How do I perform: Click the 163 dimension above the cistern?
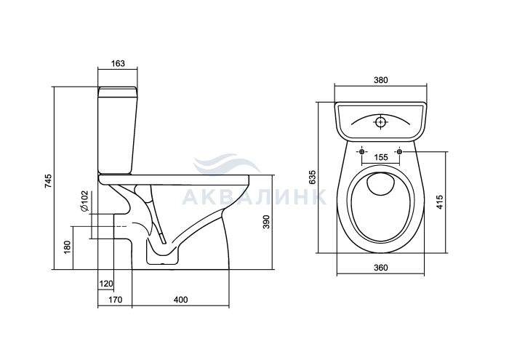(x=118, y=63)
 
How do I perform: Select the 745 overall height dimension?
(x=48, y=181)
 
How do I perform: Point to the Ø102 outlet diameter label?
(x=84, y=201)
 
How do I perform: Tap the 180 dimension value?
(x=67, y=247)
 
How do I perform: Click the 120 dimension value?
(x=106, y=284)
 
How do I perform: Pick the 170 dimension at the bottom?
(x=116, y=300)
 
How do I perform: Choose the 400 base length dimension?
(x=180, y=300)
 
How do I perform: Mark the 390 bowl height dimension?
(x=266, y=222)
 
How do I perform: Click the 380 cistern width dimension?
(x=381, y=80)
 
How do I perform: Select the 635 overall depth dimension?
(x=312, y=177)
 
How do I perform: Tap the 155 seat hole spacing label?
(x=381, y=157)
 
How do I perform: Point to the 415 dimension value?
(x=439, y=202)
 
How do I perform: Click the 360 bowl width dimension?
(x=381, y=268)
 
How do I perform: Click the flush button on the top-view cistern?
(x=381, y=122)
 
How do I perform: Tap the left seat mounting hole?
(x=362, y=151)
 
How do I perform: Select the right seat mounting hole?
(x=399, y=151)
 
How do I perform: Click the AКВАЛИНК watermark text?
(x=254, y=196)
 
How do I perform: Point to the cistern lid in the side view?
(x=118, y=92)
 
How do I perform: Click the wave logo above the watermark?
(x=227, y=165)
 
